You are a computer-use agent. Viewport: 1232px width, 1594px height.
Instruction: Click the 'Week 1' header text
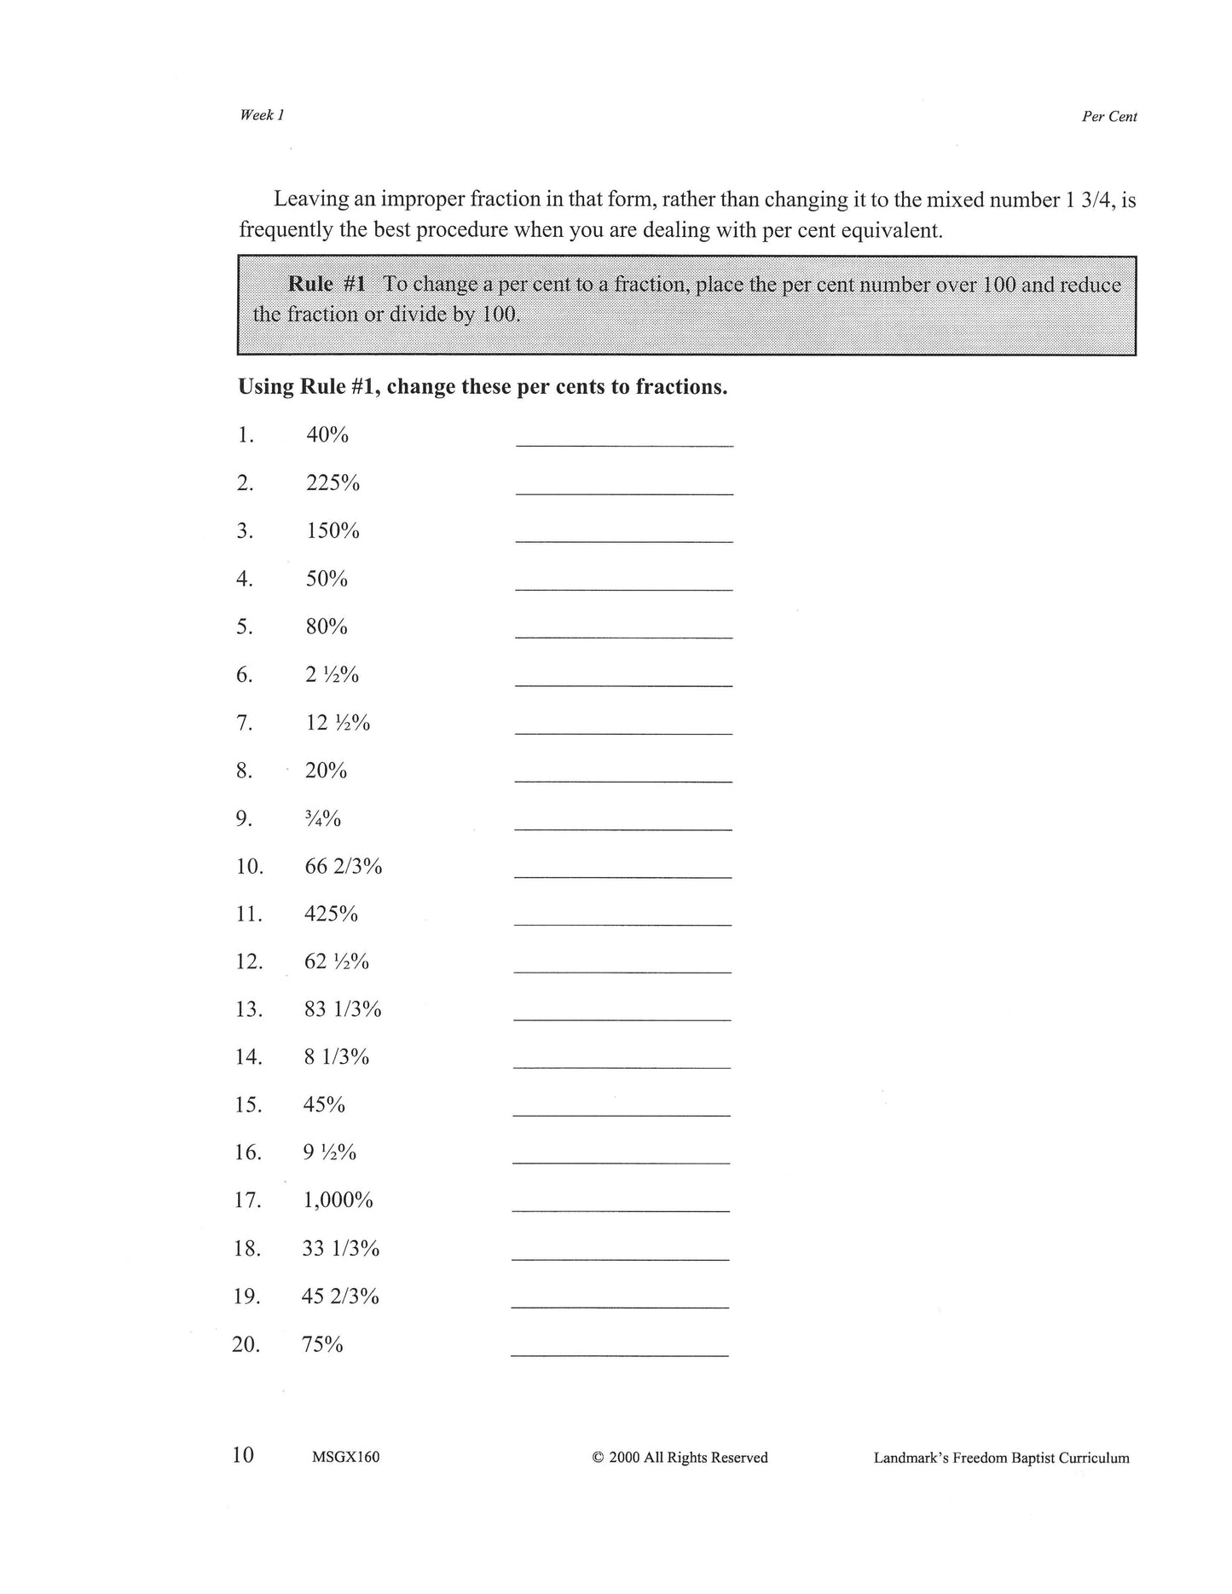pyautogui.click(x=261, y=115)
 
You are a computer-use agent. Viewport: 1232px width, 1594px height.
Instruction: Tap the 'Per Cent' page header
pyautogui.click(x=1108, y=117)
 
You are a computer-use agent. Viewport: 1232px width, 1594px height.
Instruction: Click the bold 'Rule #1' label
pyautogui.click(x=327, y=284)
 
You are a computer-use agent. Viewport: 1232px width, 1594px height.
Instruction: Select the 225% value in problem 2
pyautogui.click(x=333, y=483)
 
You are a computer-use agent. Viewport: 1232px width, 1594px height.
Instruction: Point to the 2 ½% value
pyautogui.click(x=332, y=675)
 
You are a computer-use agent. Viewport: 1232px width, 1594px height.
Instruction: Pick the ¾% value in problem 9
pyautogui.click(x=323, y=819)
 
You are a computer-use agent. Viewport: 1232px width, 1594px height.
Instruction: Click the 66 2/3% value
pyautogui.click(x=343, y=867)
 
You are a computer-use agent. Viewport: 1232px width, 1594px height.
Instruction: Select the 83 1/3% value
pyautogui.click(x=342, y=1009)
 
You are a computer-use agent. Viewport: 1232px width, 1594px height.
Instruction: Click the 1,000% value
pyautogui.click(x=338, y=1200)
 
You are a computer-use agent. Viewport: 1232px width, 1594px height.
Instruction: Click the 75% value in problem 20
pyautogui.click(x=322, y=1344)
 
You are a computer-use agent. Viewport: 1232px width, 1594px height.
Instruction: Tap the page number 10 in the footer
pyautogui.click(x=243, y=1454)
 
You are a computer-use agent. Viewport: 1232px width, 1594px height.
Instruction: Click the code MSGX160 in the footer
pyautogui.click(x=345, y=1457)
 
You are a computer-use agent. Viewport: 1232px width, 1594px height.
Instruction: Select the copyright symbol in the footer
pyautogui.click(x=598, y=1458)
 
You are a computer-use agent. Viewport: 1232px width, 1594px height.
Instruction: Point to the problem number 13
pyautogui.click(x=248, y=1009)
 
